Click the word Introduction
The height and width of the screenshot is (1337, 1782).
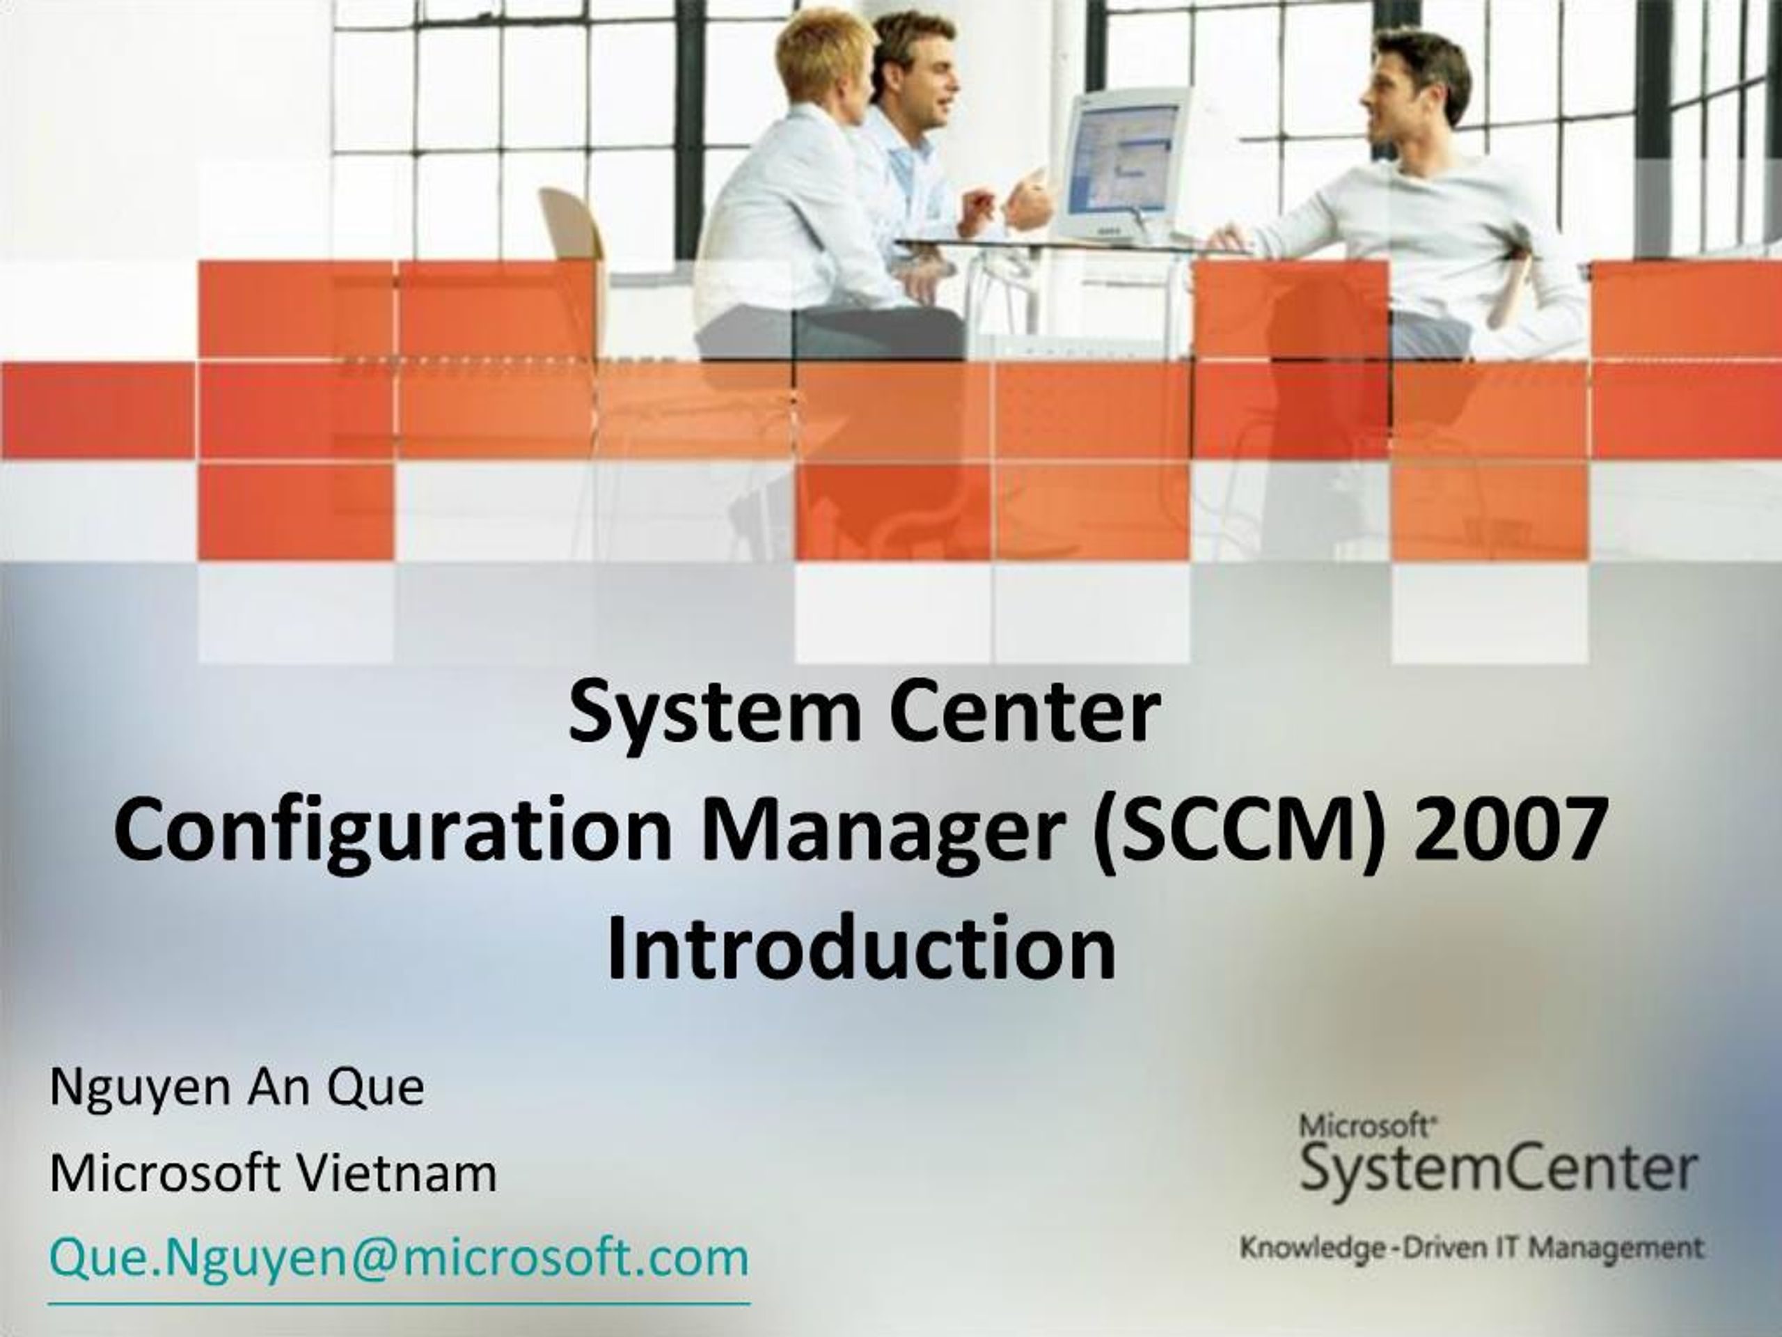pos(861,948)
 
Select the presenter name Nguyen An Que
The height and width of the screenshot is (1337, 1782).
pos(237,1088)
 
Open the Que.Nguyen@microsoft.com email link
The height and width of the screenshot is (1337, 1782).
pos(399,1258)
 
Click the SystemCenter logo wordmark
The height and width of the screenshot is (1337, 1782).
pos(1499,1170)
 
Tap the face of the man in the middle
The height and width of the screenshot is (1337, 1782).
pos(927,77)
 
